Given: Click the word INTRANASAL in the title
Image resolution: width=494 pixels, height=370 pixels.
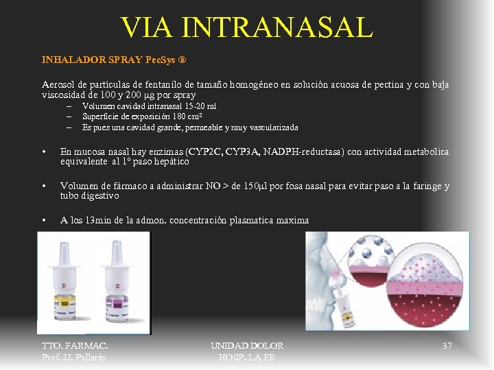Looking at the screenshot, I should point(277,27).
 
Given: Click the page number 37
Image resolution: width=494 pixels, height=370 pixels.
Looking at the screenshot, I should point(447,346).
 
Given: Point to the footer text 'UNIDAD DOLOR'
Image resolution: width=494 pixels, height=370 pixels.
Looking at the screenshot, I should point(247,346).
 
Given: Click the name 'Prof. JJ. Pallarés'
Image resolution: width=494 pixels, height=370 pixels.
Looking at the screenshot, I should point(74,357).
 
